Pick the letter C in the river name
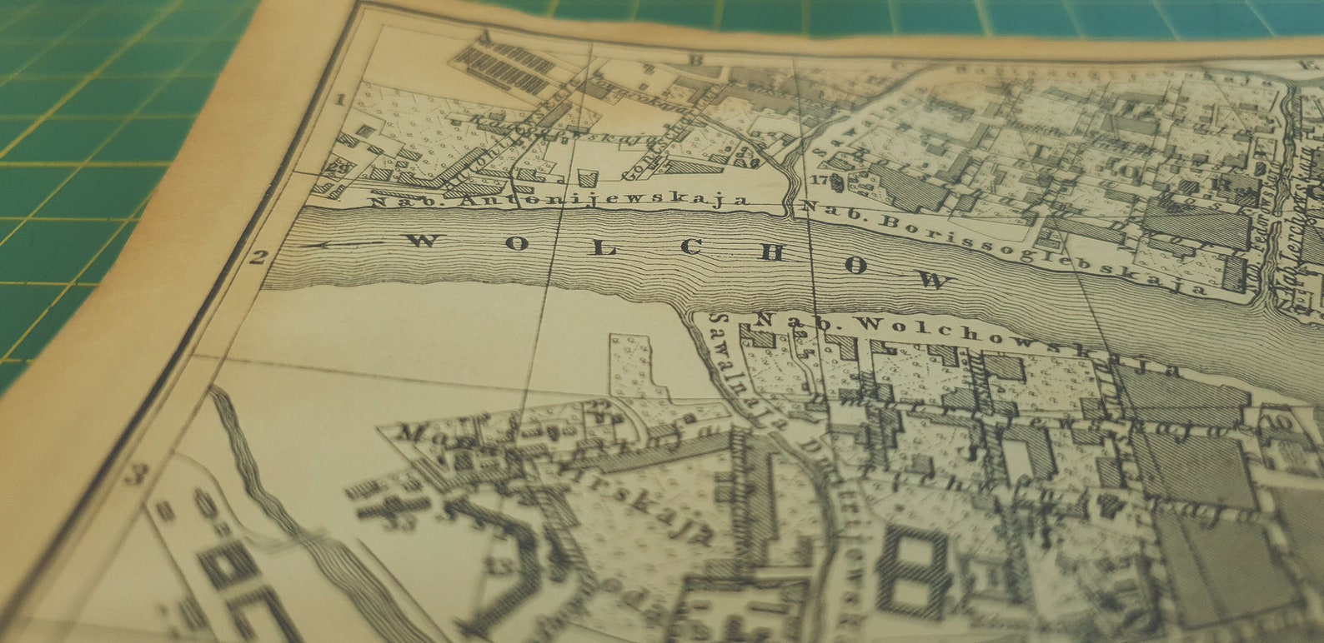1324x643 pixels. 691,247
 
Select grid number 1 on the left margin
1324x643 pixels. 339,100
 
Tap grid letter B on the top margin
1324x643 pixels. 691,60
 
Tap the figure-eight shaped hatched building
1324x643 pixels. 913,570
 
